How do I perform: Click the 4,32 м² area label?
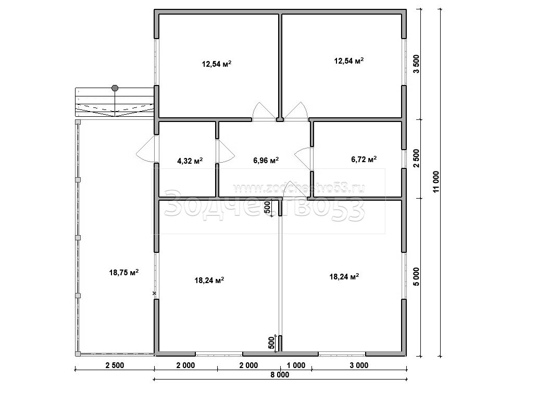point(190,161)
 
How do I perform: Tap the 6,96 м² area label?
point(266,160)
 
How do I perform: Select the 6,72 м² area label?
point(364,159)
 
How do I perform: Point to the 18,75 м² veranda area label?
point(124,273)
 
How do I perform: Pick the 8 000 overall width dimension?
point(280,374)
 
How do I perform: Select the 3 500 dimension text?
point(416,64)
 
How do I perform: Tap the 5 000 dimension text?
point(416,277)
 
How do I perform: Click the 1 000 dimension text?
point(296,365)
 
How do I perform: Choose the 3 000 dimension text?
point(359,365)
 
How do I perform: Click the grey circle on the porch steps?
point(115,88)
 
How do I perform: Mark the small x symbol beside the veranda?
point(154,293)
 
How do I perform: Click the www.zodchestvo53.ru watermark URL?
point(298,188)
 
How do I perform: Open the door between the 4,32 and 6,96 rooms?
point(224,151)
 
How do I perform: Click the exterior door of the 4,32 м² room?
point(147,149)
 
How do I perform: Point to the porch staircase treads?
point(115,102)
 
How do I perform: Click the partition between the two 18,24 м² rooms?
point(280,276)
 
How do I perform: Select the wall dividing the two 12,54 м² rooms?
point(280,66)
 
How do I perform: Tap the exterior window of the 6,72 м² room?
point(404,159)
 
